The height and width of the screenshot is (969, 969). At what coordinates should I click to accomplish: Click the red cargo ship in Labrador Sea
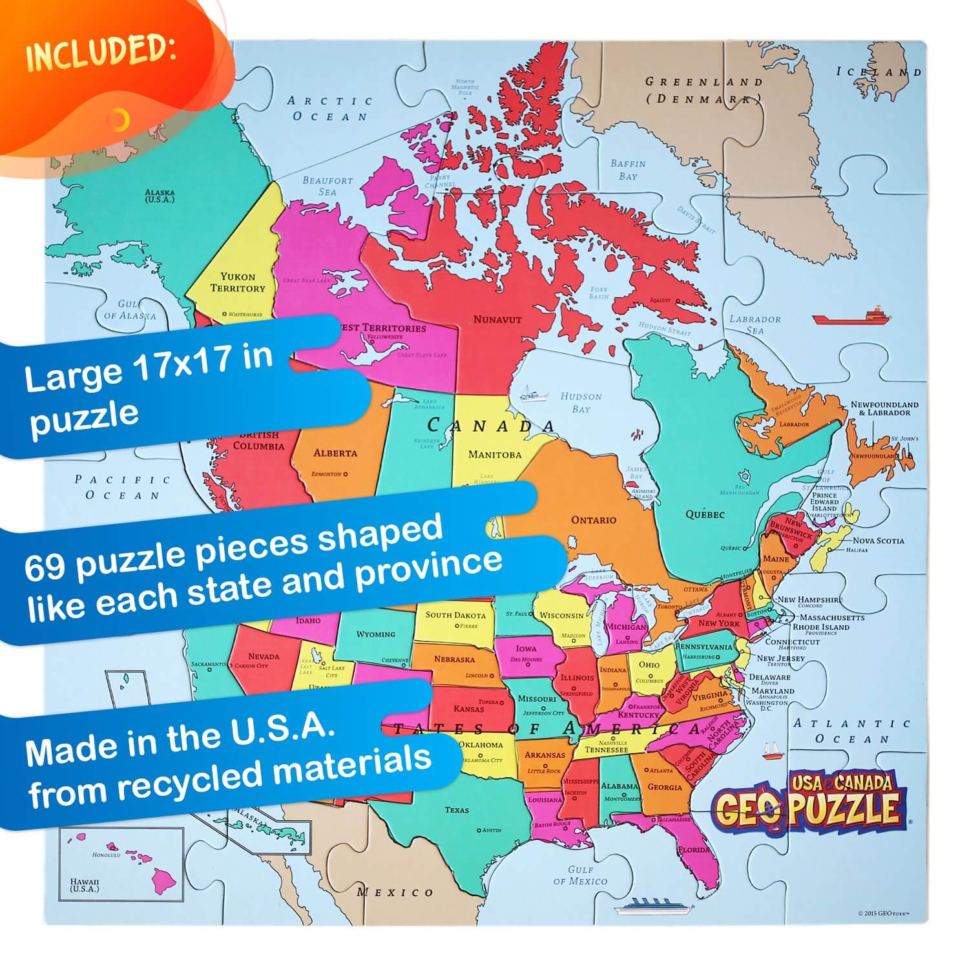pos(851,316)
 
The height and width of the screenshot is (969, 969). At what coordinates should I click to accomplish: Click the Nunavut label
pos(497,319)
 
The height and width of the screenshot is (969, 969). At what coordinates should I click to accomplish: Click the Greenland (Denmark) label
pos(704,90)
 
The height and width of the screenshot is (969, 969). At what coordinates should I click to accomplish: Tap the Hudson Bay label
pos(581,402)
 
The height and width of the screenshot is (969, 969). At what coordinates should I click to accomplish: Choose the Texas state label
pos(457,809)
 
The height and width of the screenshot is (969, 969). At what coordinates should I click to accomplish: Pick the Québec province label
pos(705,515)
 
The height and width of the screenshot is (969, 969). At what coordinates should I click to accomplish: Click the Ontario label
pos(593,519)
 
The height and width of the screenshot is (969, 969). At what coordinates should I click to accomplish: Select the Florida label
pos(694,850)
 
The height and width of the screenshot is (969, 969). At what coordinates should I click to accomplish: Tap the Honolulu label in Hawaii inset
pos(107,854)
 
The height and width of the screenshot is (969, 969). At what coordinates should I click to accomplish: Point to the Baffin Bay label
pos(628,170)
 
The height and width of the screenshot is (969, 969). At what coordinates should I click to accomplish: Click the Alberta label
pos(335,453)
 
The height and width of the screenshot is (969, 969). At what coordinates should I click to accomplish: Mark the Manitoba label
pos(494,454)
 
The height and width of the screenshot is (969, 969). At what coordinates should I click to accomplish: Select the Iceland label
pos(879,72)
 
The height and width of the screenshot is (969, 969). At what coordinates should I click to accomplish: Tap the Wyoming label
pos(375,634)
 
